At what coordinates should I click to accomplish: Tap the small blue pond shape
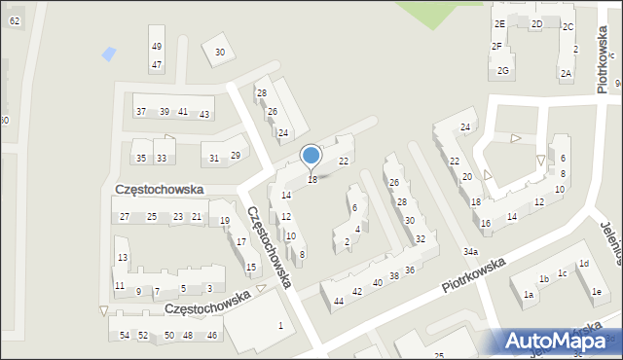coord(108,53)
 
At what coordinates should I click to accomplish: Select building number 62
coord(14,20)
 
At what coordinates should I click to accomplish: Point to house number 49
coord(156,47)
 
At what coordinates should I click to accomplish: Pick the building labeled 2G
coord(502,70)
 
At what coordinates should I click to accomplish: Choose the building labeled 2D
coord(536,24)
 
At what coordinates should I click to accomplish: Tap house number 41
coord(182,112)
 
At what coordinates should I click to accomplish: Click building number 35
coord(141,158)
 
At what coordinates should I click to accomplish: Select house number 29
coord(235,156)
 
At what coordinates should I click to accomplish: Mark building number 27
coord(124,216)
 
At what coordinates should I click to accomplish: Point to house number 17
coord(240,241)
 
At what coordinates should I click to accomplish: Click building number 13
coord(122,257)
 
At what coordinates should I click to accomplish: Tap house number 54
coord(124,335)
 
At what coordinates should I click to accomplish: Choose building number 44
coord(338,301)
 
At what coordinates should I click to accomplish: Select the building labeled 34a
coord(470,252)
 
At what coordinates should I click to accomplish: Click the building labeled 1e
coord(597,292)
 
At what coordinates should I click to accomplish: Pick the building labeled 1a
coord(528,294)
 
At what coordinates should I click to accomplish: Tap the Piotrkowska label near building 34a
coord(473,274)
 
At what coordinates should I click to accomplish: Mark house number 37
coord(141,112)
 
